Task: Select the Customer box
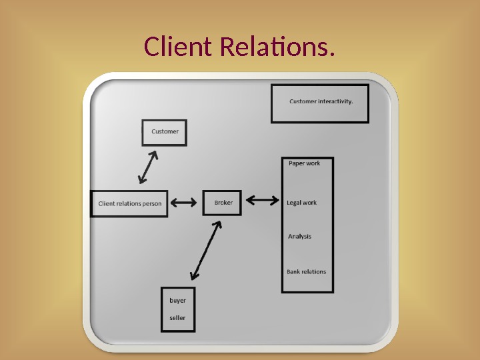pyautogui.click(x=165, y=132)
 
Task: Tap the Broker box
pyautogui.click(x=222, y=203)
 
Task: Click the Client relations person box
pyautogui.click(x=129, y=203)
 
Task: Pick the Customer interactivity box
pyautogui.click(x=320, y=103)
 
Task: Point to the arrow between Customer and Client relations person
pyautogui.click(x=148, y=167)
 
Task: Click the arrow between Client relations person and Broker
pyautogui.click(x=183, y=202)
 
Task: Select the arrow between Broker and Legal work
pyautogui.click(x=263, y=199)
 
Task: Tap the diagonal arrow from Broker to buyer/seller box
pyautogui.click(x=206, y=250)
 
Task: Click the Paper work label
pyautogui.click(x=304, y=163)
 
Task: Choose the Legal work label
pyautogui.click(x=301, y=203)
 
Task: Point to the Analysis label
pyautogui.click(x=299, y=237)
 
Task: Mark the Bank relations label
pyautogui.click(x=307, y=272)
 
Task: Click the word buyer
pyautogui.click(x=177, y=301)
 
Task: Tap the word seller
pyautogui.click(x=177, y=318)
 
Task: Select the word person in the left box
pyautogui.click(x=152, y=204)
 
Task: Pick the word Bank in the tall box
pyautogui.click(x=294, y=272)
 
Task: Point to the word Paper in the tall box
pyautogui.click(x=296, y=163)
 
